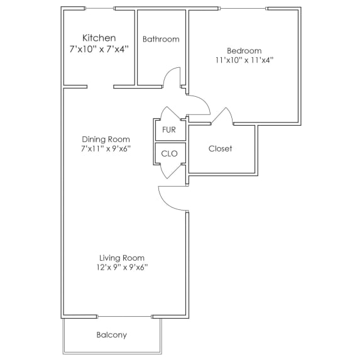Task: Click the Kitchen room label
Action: point(99,38)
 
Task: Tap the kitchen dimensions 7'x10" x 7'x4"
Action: point(99,48)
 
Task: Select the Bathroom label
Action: point(161,39)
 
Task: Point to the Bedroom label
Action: point(244,51)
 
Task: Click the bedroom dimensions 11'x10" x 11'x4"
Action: point(244,60)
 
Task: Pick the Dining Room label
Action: point(106,140)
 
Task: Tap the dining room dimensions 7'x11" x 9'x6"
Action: point(106,149)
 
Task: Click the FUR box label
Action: point(169,130)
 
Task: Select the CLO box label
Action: point(169,153)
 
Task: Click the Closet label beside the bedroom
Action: point(221,149)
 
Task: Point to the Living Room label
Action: point(122,258)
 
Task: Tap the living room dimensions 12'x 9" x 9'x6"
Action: point(122,267)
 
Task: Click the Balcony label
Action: point(112,335)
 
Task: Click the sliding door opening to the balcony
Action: point(126,315)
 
